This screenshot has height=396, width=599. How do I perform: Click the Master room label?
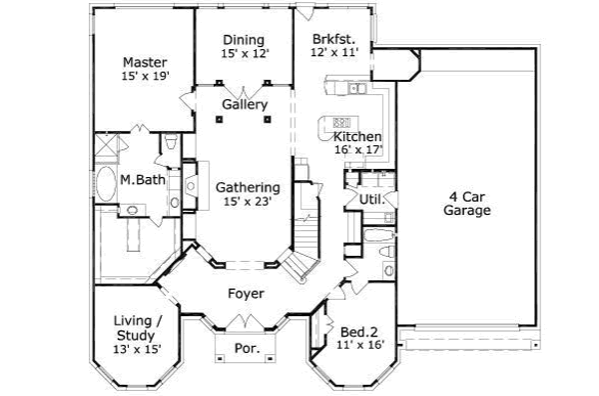[x=144, y=60]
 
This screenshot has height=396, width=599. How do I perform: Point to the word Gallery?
[x=244, y=104]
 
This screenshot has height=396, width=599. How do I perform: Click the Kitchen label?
[x=357, y=136]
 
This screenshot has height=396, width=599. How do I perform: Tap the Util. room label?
[x=358, y=201]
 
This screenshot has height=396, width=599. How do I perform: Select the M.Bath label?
[x=142, y=180]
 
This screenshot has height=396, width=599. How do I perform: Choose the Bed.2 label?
[x=356, y=332]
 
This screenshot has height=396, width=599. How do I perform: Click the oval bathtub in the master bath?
[x=106, y=187]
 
